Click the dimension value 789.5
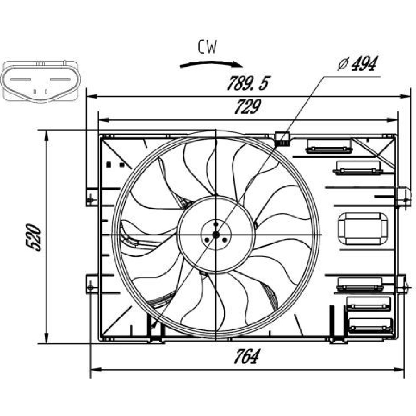point(246,84)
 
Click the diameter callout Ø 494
point(357,64)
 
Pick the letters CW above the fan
point(207,48)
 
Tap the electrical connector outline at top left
point(40,81)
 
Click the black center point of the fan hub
point(215,235)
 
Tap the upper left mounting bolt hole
point(90,200)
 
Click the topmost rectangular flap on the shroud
point(329,146)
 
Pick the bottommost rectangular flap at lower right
point(370,325)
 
